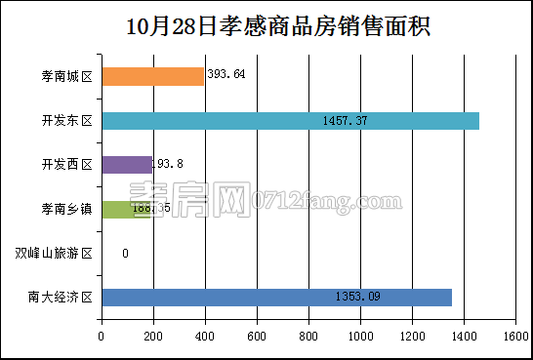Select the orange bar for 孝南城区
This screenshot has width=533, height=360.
coord(152,76)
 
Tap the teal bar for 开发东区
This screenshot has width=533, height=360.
coord(290,121)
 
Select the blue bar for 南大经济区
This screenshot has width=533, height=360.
coord(276,298)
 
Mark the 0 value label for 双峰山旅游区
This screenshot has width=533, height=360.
coord(125,254)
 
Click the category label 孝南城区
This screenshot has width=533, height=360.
coord(67,76)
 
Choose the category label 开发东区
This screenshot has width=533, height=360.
coord(67,121)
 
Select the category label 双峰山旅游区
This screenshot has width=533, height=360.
coord(54,254)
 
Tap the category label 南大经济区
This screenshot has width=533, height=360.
coord(61,298)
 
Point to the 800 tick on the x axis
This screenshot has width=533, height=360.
coord(308,337)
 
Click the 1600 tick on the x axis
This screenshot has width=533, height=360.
coord(514,337)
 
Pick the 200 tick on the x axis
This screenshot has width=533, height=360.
coord(153,337)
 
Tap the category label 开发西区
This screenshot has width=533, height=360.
coord(67,165)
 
